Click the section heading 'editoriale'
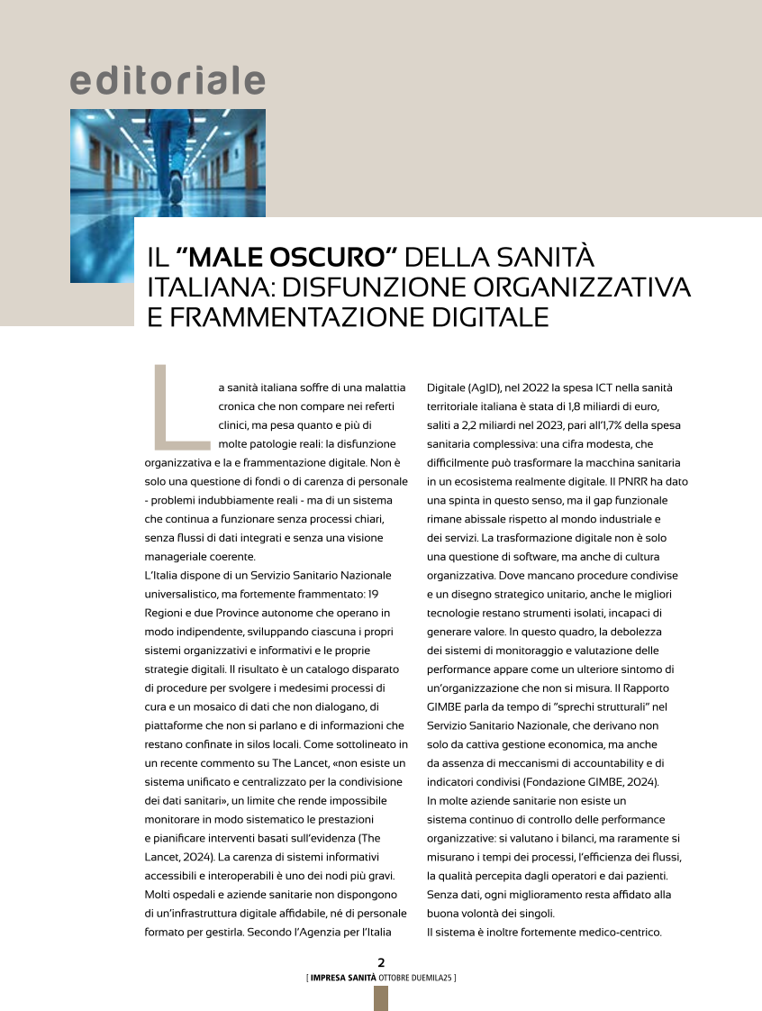[168, 81]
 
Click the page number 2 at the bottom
[381, 961]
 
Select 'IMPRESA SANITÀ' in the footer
[343, 977]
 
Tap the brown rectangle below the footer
[381, 997]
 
